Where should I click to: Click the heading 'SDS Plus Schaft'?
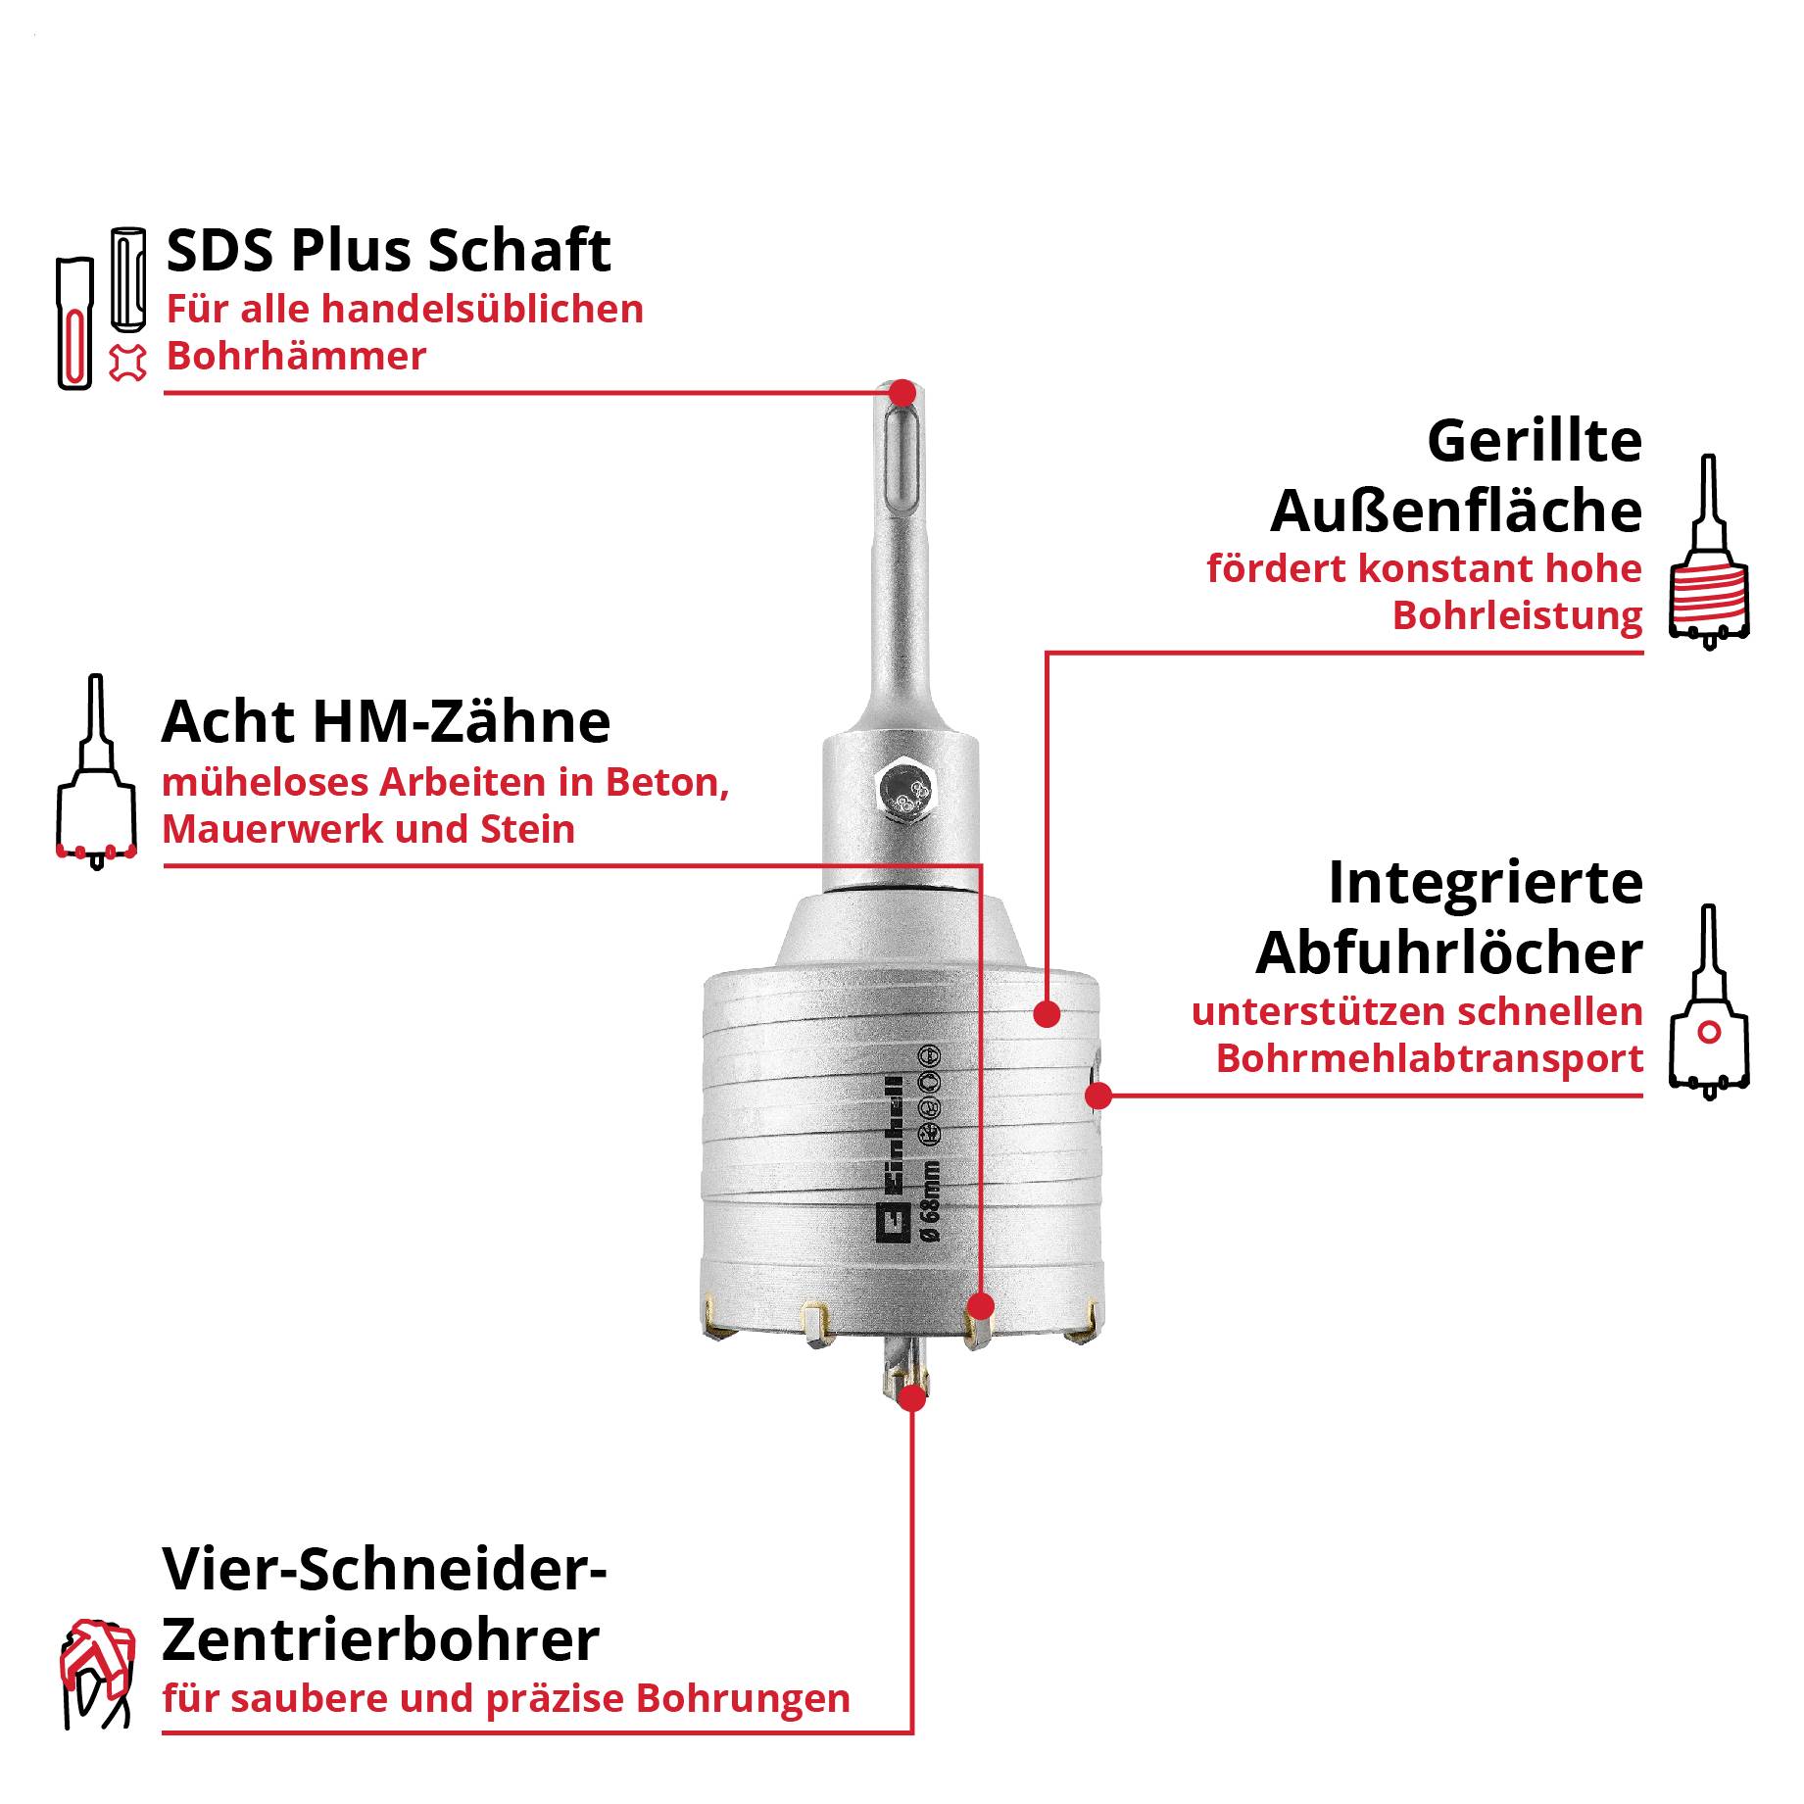388,251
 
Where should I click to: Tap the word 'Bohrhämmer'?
296,356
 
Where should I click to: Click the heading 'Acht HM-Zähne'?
386,722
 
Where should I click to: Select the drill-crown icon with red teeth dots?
96,774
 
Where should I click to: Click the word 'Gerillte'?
1535,441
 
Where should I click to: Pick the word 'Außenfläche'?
1456,511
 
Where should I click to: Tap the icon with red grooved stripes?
1710,554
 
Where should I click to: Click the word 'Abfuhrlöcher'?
1449,952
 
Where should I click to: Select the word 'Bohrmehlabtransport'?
1429,1058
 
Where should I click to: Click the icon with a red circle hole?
1709,1004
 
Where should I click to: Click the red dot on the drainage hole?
1098,1096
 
